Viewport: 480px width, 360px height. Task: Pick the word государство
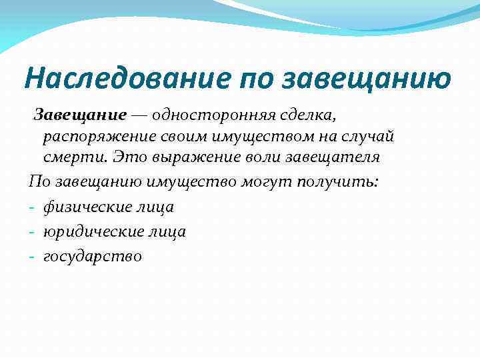pyautogui.click(x=93, y=255)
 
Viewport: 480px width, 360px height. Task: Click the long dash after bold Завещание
pyautogui.click(x=140, y=116)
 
